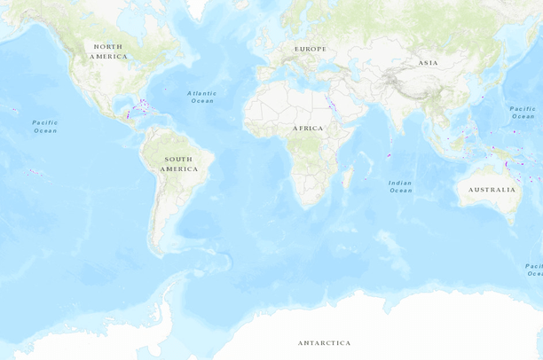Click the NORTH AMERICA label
click(108, 51)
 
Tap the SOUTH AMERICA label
click(179, 163)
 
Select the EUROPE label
click(311, 49)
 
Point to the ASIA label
click(429, 63)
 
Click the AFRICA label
click(308, 128)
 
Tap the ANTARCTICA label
click(324, 342)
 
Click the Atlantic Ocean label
click(202, 97)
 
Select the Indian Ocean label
click(400, 186)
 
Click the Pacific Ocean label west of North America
click(45, 126)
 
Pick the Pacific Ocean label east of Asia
click(523, 112)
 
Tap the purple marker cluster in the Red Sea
click(331, 104)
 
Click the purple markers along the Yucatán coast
click(129, 113)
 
